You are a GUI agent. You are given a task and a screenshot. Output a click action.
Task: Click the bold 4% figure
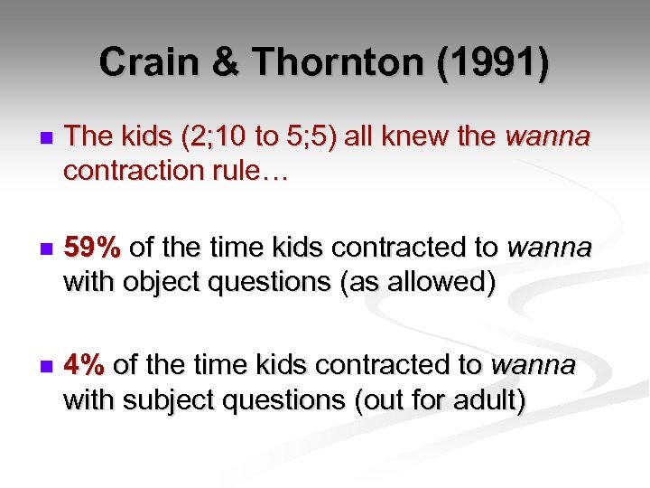tap(86, 365)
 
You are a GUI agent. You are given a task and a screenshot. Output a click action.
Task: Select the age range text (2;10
tap(214, 137)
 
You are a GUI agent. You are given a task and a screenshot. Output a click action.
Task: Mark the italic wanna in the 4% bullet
tap(533, 365)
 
